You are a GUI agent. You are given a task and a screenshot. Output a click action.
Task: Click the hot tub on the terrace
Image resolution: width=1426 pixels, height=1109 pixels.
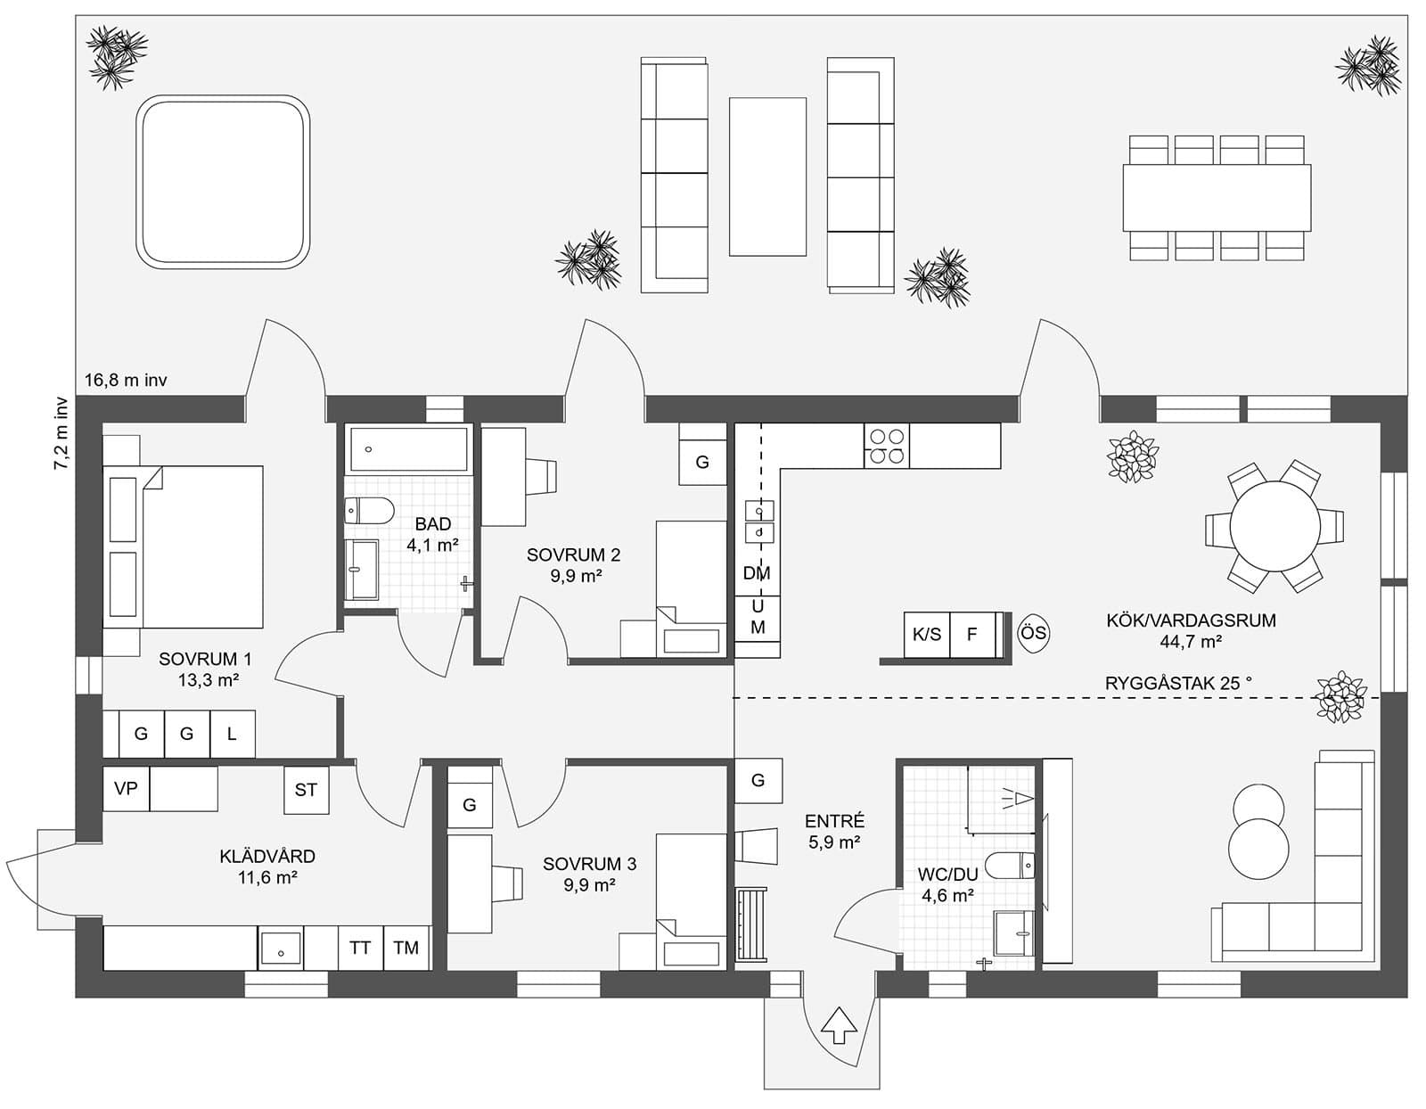(x=223, y=182)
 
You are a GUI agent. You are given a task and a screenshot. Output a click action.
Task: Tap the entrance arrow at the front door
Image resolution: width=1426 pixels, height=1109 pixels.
(x=838, y=1025)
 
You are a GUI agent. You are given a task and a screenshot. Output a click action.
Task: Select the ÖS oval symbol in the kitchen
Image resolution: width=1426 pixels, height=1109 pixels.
(x=1033, y=634)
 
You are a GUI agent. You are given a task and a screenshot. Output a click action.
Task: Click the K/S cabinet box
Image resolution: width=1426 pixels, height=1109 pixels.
(x=927, y=635)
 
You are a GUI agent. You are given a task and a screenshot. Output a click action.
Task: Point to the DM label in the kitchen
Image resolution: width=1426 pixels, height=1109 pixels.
(x=757, y=574)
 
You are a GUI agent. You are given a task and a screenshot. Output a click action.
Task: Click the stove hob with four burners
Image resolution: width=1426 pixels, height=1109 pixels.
(x=888, y=446)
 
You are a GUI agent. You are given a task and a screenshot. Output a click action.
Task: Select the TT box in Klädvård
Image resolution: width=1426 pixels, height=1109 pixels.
(x=360, y=948)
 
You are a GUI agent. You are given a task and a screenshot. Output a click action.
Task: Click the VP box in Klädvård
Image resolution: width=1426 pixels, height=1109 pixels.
(x=126, y=789)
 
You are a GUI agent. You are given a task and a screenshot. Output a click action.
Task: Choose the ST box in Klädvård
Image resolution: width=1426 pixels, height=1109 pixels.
(x=306, y=790)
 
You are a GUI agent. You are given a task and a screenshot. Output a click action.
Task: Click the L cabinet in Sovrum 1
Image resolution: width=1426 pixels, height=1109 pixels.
(x=232, y=734)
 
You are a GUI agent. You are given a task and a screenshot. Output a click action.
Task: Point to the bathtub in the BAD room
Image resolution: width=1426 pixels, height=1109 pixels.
(x=408, y=449)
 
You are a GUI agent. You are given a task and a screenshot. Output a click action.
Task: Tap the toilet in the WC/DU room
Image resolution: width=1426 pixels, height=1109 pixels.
(x=1014, y=864)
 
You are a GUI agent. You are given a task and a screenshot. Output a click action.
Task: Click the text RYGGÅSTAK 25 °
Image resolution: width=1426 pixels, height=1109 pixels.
(x=1178, y=683)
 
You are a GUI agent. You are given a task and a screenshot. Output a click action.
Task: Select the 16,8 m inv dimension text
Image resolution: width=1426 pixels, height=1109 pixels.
(x=126, y=381)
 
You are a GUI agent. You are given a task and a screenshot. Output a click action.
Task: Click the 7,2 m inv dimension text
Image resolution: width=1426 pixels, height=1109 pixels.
(x=61, y=432)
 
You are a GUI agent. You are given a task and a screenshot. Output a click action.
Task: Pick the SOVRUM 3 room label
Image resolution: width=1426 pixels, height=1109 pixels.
(x=589, y=864)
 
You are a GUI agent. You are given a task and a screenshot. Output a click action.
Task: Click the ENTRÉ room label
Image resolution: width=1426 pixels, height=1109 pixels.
(x=834, y=821)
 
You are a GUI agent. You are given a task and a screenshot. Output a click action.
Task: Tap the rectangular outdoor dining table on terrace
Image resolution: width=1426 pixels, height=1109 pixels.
(x=1217, y=198)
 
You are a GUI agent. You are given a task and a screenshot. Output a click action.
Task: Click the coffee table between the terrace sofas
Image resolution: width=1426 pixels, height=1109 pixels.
(x=767, y=177)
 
